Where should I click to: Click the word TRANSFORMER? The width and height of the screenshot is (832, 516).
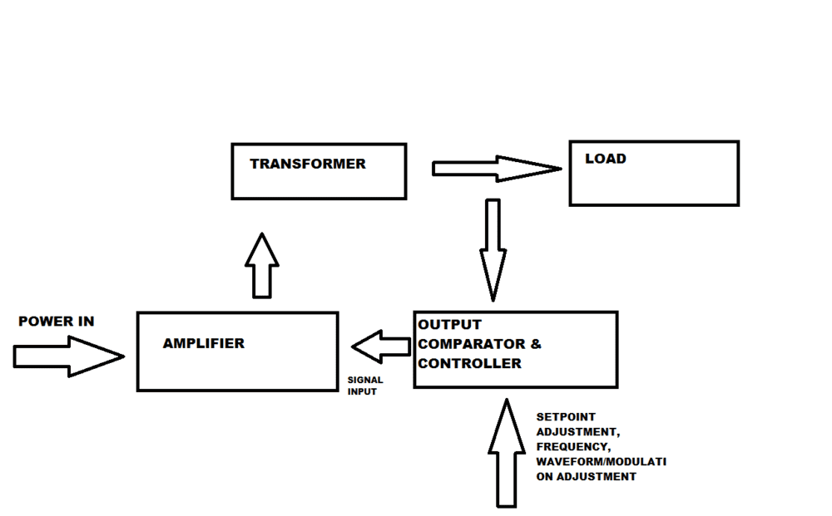tap(307, 164)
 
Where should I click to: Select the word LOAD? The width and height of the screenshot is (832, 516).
tap(606, 159)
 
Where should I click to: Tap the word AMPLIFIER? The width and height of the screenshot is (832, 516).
tap(204, 343)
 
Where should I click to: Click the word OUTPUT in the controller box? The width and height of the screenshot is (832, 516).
tap(450, 324)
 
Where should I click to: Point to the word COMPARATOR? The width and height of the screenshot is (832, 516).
tap(472, 344)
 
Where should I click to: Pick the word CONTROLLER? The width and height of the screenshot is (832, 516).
tap(470, 363)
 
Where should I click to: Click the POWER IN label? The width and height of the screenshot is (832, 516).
tap(57, 322)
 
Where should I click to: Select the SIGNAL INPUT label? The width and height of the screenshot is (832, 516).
tap(365, 386)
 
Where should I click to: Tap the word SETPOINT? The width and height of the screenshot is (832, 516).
tap(566, 416)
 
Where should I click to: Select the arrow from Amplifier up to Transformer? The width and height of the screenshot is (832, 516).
tap(262, 266)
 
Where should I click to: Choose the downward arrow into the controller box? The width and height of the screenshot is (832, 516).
tap(493, 249)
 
